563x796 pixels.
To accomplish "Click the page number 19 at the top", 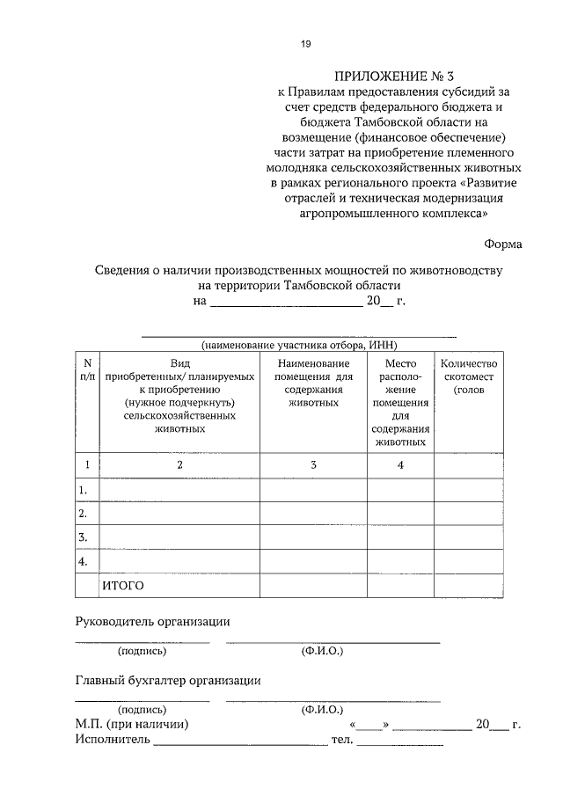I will (x=305, y=44).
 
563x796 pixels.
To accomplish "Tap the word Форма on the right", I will (x=502, y=244).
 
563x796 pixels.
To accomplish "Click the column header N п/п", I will (x=87, y=369).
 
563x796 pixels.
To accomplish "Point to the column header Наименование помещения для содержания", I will (x=314, y=383).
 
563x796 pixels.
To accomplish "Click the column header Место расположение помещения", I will (x=399, y=402).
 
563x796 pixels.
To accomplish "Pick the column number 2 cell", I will (x=179, y=464).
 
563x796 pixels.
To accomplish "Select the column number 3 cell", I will (x=313, y=464).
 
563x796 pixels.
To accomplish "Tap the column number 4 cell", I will (x=399, y=464).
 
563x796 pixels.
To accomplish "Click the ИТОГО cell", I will (x=123, y=585).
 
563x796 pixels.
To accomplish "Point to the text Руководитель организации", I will (x=152, y=621).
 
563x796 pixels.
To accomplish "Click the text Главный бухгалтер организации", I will (x=168, y=680).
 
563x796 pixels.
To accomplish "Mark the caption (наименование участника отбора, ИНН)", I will (x=299, y=346).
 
